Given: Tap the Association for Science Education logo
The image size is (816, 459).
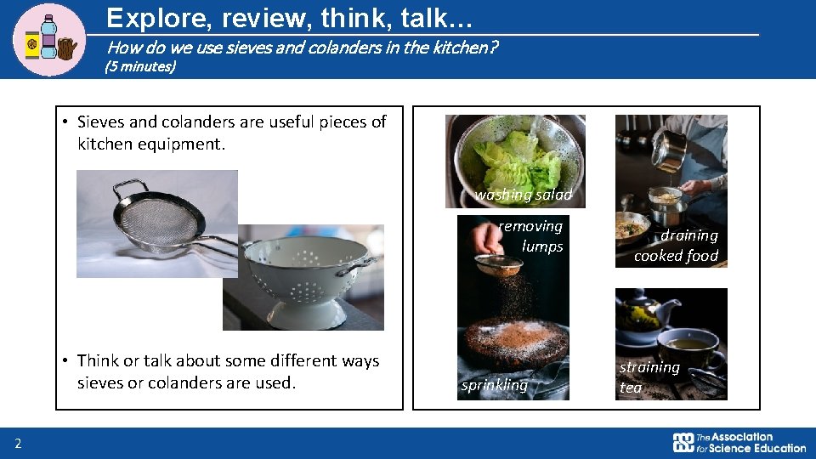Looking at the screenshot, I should [739, 442].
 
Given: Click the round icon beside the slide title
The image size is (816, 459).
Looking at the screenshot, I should [50, 39].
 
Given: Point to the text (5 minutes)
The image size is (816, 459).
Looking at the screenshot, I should [139, 66].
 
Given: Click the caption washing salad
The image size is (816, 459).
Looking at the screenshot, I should [524, 195].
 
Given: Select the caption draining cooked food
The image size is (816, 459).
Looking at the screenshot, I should [676, 246].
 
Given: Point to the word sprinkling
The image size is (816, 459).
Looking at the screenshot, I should [494, 385].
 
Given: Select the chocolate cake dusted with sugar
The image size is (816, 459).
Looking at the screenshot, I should [513, 344].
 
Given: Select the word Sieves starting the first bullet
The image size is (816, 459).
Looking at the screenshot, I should [100, 122].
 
